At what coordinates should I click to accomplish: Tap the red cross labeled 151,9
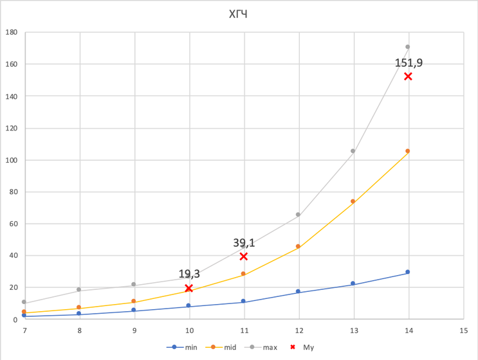408,76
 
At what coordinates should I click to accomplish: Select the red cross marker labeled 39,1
243,256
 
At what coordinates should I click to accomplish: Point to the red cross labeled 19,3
188,288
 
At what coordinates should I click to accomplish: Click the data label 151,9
409,62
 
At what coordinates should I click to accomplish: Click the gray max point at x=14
408,47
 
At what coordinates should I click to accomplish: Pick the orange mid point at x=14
408,151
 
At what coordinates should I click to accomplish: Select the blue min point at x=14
408,272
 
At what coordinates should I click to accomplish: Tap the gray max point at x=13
353,151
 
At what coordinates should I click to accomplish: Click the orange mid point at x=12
298,246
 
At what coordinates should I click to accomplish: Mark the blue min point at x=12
298,291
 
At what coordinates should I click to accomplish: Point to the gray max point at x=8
78,290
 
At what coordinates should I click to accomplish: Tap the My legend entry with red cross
302,348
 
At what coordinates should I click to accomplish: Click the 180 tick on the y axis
12,33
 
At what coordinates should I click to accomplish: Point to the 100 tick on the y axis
12,160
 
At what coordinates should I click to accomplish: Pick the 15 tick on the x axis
463,330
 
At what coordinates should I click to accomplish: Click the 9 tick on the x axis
134,330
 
